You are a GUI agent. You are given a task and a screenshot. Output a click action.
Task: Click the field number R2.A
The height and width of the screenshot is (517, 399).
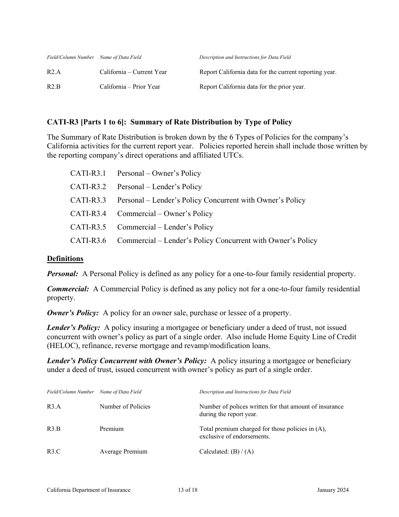54,72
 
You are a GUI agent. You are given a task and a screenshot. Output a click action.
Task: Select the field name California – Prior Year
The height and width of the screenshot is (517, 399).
130,87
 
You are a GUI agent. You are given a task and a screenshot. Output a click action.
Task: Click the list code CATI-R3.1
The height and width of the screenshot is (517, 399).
88,173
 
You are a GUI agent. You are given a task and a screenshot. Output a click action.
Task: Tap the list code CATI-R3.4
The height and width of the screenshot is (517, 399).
88,214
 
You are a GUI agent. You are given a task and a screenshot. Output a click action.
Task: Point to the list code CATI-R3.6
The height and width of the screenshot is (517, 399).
88,240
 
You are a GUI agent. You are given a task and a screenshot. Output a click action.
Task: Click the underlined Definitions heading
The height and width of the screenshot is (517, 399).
65,258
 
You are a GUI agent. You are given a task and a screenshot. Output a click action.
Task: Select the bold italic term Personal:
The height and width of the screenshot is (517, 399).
63,274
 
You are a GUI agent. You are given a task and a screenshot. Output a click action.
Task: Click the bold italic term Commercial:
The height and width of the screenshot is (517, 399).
68,289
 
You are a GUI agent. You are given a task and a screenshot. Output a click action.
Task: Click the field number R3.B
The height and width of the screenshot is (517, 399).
54,429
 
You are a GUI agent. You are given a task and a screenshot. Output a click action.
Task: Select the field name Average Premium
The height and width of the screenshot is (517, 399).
123,451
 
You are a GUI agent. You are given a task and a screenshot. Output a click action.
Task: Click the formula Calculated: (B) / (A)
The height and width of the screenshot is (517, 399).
226,451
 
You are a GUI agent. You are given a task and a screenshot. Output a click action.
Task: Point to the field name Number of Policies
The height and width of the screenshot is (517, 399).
125,406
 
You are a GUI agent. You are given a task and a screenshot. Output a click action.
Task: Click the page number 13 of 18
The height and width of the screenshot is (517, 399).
187,490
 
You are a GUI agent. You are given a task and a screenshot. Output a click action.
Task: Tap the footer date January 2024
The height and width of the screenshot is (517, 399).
333,490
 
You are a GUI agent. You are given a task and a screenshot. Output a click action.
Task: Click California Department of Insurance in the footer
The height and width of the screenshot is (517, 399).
89,490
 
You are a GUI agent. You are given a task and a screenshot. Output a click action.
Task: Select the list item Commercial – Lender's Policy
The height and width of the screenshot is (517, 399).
165,227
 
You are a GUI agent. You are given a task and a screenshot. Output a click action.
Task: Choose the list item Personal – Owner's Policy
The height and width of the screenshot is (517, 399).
159,173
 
